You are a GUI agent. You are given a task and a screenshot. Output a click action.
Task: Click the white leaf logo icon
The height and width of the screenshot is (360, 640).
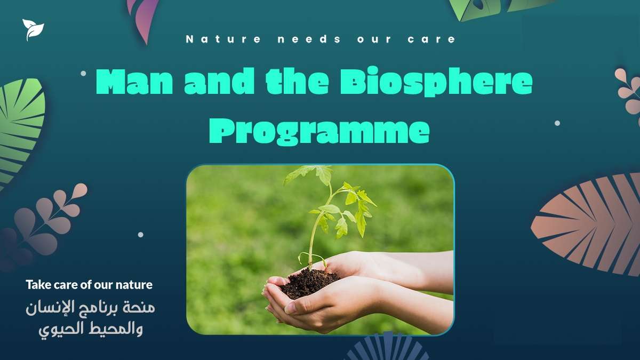point(33,29)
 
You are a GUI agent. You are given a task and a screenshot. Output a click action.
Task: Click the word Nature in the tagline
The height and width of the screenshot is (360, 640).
point(223,39)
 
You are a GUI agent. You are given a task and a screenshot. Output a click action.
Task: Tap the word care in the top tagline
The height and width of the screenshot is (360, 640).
point(431,39)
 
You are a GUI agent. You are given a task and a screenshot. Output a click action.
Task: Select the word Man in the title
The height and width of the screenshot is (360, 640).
point(134,81)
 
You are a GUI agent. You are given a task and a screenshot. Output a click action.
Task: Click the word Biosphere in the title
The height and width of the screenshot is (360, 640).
point(436,81)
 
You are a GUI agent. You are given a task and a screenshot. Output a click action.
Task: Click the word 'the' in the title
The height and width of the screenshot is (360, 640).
point(297,81)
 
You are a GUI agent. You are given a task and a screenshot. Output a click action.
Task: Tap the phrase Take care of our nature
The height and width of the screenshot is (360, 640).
point(89,285)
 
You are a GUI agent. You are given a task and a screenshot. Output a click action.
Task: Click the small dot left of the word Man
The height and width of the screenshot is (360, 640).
point(83,74)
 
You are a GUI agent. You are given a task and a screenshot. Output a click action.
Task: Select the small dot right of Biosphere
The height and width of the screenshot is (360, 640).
point(557,123)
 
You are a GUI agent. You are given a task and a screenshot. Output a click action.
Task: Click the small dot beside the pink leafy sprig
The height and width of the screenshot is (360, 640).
point(141,235)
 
